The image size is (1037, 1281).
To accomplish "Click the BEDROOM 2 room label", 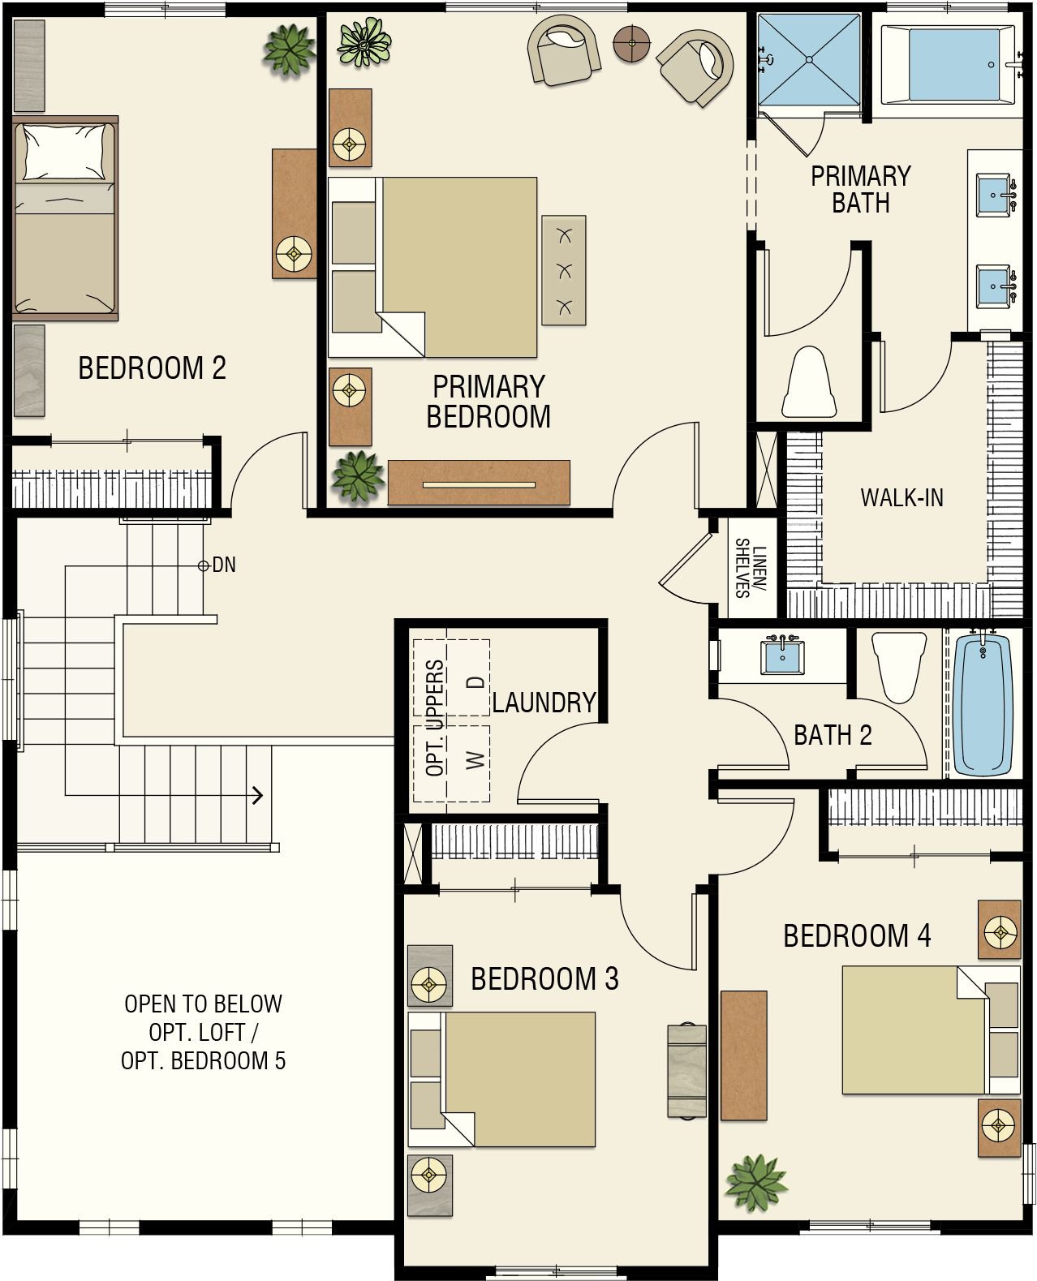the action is point(153,368).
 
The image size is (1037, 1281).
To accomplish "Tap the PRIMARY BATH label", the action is point(861,190).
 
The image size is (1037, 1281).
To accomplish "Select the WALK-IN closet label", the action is point(901,498).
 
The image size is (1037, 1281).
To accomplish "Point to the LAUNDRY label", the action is point(544,703).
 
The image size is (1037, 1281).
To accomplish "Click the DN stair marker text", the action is point(224,565).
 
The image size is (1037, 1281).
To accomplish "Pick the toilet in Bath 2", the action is point(899,667).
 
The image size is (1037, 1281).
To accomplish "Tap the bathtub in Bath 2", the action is point(983,703).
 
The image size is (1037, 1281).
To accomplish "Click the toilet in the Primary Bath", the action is point(809,382).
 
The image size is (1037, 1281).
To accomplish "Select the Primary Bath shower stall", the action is point(809,59).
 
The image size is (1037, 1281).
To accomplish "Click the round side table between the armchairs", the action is point(631,43).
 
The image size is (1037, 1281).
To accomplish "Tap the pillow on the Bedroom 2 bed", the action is point(65,153).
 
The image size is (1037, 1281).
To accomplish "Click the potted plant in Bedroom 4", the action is point(756,1183).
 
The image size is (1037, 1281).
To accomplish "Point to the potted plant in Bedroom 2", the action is point(290,50).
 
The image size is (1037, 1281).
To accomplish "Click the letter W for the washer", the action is point(475,760).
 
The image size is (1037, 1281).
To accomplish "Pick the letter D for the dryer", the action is point(475,682).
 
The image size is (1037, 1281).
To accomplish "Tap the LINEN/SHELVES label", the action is point(751,568).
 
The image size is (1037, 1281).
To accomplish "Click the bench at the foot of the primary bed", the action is point(564,271).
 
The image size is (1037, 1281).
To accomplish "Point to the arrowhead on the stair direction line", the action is point(257,796).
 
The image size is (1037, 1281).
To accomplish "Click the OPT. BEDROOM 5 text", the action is point(204,1060).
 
